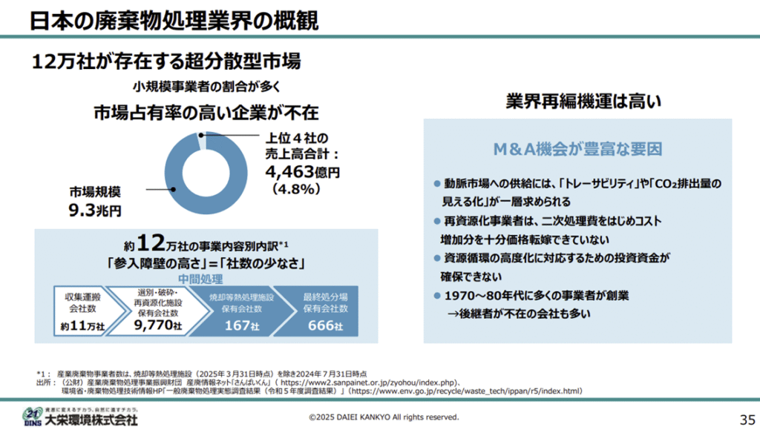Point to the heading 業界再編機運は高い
point(582,101)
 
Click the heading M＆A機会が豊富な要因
point(577,148)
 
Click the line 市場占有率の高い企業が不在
point(206,112)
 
